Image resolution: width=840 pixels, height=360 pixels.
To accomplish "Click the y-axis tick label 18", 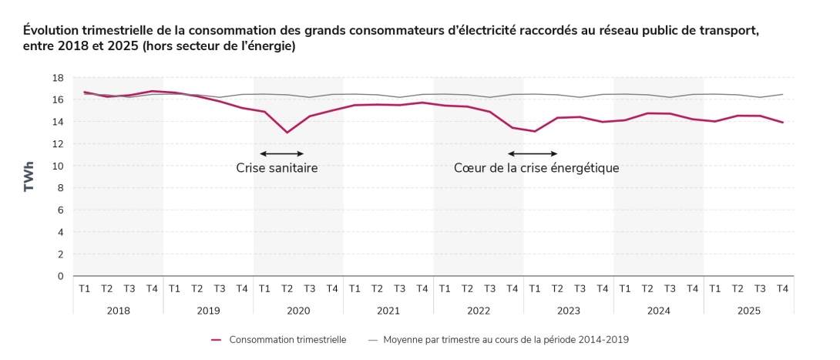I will pyautogui.click(x=59, y=78).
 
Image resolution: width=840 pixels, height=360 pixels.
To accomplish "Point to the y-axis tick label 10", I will pyautogui.click(x=59, y=166).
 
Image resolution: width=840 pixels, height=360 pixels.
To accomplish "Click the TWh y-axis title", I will pyautogui.click(x=29, y=177).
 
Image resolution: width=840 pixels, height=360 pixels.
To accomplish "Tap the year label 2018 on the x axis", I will pyautogui.click(x=118, y=311).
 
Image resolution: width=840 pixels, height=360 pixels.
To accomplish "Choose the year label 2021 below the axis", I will pyautogui.click(x=388, y=311).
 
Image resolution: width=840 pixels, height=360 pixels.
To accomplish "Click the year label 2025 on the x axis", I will pyautogui.click(x=748, y=311).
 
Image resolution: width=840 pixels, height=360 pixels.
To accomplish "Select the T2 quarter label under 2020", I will pyautogui.click(x=287, y=288).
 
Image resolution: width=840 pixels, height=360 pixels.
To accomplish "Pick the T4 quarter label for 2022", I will pyautogui.click(x=512, y=288).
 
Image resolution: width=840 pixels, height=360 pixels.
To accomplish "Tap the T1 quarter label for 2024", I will pyautogui.click(x=624, y=288).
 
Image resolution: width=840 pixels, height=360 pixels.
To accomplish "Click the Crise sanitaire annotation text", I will pyautogui.click(x=277, y=168).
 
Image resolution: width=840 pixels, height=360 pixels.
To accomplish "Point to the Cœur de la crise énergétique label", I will pyautogui.click(x=536, y=168).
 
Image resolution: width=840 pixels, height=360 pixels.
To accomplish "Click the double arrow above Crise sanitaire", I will pyautogui.click(x=281, y=153).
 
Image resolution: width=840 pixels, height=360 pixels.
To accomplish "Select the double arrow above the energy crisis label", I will pyautogui.click(x=532, y=153).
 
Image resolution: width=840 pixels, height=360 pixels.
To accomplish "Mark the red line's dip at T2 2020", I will pyautogui.click(x=287, y=133).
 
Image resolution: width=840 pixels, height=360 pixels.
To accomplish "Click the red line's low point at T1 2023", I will pyautogui.click(x=534, y=131).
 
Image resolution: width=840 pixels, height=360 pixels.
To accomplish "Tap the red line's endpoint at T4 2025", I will pyautogui.click(x=782, y=123).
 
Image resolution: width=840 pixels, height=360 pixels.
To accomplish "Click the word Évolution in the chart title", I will pyautogui.click(x=50, y=31).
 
